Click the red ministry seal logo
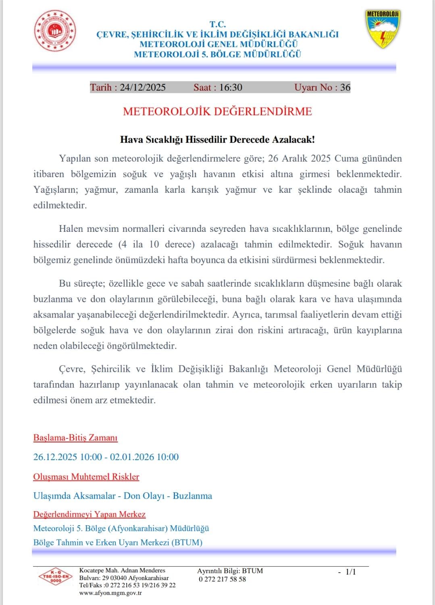pyautogui.click(x=55, y=31)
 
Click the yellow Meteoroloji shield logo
pyautogui.click(x=383, y=29)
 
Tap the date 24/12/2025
pyautogui.click(x=143, y=87)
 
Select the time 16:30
pyautogui.click(x=231, y=87)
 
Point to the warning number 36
pyautogui.click(x=345, y=87)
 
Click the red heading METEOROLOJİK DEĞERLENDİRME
pyautogui.click(x=217, y=112)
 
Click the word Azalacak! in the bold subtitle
pyautogui.click(x=293, y=140)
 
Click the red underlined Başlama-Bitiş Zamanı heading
pyautogui.click(x=75, y=438)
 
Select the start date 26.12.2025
pyautogui.click(x=55, y=457)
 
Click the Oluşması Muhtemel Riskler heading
pyautogui.click(x=86, y=477)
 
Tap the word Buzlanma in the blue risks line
pyautogui.click(x=192, y=496)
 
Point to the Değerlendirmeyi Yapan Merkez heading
pyautogui.click(x=89, y=514)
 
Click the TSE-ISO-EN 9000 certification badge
pyautogui.click(x=56, y=578)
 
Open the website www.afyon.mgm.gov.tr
pyautogui.click(x=110, y=593)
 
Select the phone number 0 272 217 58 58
pyautogui.click(x=222, y=579)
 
